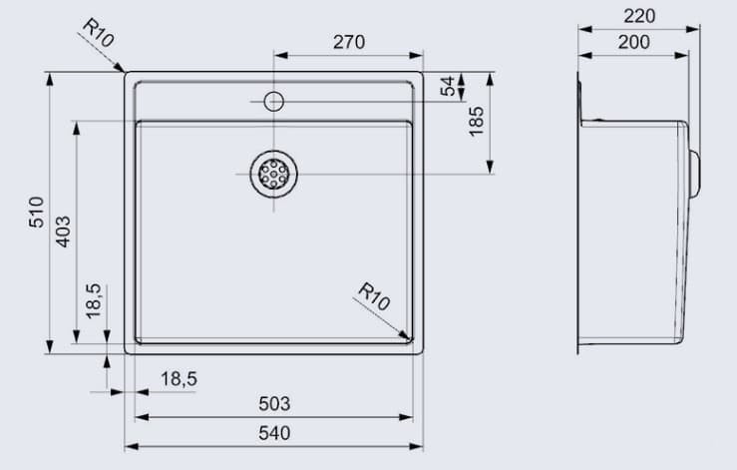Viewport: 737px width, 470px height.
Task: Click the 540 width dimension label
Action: pyautogui.click(x=273, y=433)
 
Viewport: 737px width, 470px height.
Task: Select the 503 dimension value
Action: pyautogui.click(x=273, y=403)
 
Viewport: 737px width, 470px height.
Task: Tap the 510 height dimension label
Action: pyautogui.click(x=36, y=213)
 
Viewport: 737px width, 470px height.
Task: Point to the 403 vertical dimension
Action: pyautogui.click(x=63, y=232)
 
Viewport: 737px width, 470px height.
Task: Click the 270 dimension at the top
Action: pyautogui.click(x=348, y=42)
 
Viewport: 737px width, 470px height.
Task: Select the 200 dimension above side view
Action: pyautogui.click(x=633, y=42)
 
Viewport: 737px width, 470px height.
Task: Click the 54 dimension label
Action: pyautogui.click(x=447, y=87)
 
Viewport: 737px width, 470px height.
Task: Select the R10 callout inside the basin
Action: pyautogui.click(x=373, y=296)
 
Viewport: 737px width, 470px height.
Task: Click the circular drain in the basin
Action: pyautogui.click(x=273, y=175)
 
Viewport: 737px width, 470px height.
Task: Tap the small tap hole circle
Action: pyautogui.click(x=273, y=100)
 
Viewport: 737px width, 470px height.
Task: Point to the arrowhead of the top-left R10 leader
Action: pyautogui.click(x=122, y=70)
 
